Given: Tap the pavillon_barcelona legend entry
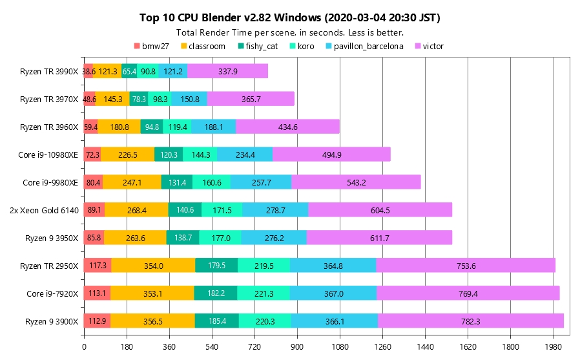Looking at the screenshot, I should [369, 46].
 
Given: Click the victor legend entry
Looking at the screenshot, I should [430, 46].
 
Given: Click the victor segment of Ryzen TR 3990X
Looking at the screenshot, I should [228, 71].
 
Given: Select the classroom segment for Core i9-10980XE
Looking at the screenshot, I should [128, 154].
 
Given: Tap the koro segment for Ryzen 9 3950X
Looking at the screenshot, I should [220, 238].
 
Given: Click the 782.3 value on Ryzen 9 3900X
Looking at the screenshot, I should [470, 321].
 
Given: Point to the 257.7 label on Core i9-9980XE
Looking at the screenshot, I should [261, 182].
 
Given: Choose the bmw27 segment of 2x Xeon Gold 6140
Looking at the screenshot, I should [94, 210].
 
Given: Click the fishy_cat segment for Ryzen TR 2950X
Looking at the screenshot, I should [217, 266].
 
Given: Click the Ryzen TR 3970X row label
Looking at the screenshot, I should [49, 99].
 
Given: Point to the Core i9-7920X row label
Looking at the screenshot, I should [52, 293].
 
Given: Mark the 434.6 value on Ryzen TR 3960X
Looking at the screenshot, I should [287, 127].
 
